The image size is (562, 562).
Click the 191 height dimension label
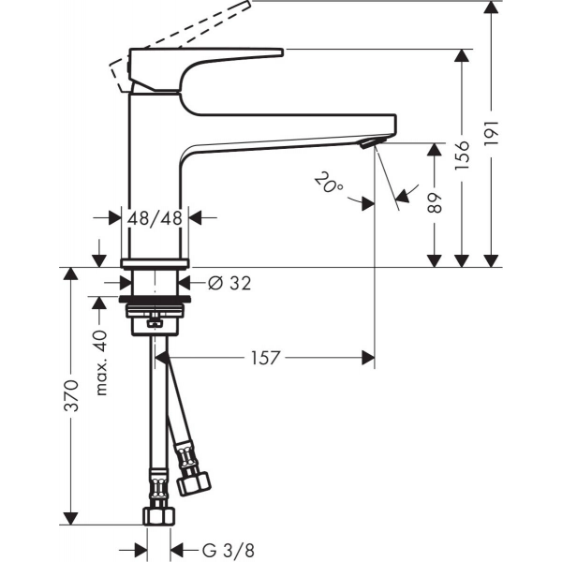point(491,133)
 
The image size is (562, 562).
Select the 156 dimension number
point(462,155)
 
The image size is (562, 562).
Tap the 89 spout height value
point(435,203)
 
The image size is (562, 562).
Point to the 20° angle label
point(329,183)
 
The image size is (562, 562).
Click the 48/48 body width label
point(155,218)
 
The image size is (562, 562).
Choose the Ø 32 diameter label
point(229,283)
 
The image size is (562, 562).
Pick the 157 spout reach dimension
point(264,358)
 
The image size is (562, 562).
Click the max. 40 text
point(102,362)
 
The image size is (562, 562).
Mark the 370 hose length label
point(70,395)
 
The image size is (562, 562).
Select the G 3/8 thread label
point(229,550)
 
